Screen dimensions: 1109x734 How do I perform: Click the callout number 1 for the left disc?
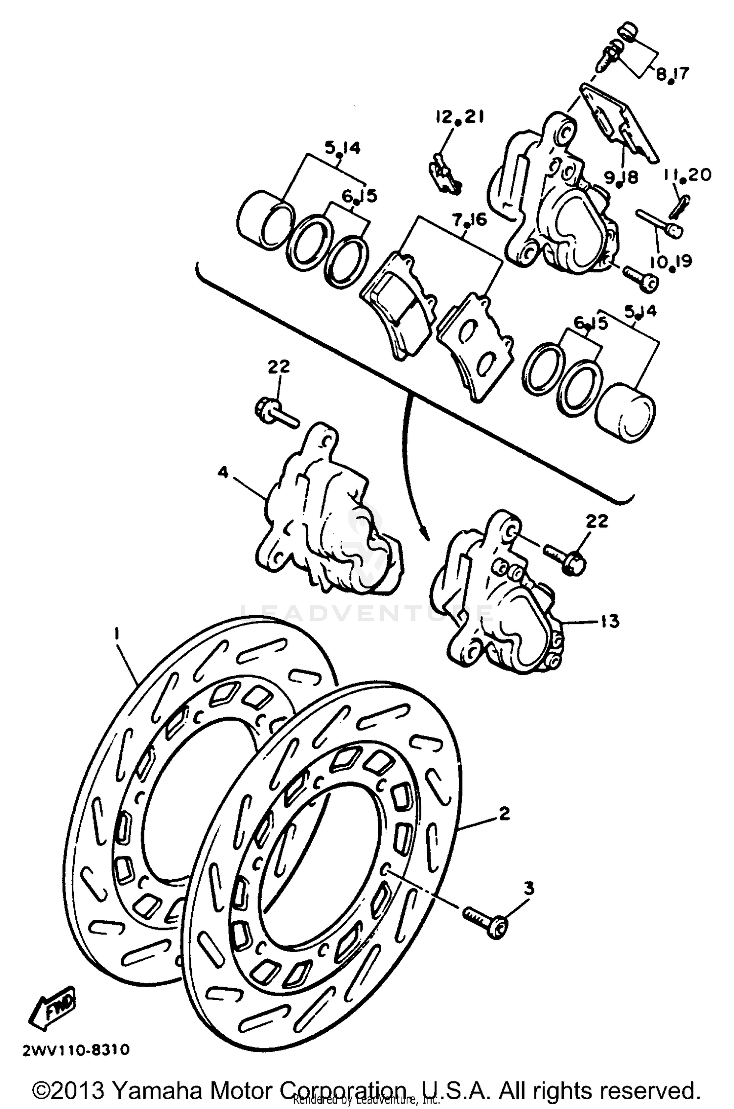click(x=116, y=634)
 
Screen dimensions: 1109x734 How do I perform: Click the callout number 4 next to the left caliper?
click(x=223, y=473)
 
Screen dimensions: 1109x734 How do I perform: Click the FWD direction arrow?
click(x=53, y=1008)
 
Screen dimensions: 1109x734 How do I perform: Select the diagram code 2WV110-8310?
click(x=76, y=1050)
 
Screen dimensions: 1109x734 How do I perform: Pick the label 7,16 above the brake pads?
click(x=469, y=221)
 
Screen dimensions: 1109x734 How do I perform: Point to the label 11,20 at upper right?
click(x=688, y=175)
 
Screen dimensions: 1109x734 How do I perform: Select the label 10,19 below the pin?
click(x=671, y=263)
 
